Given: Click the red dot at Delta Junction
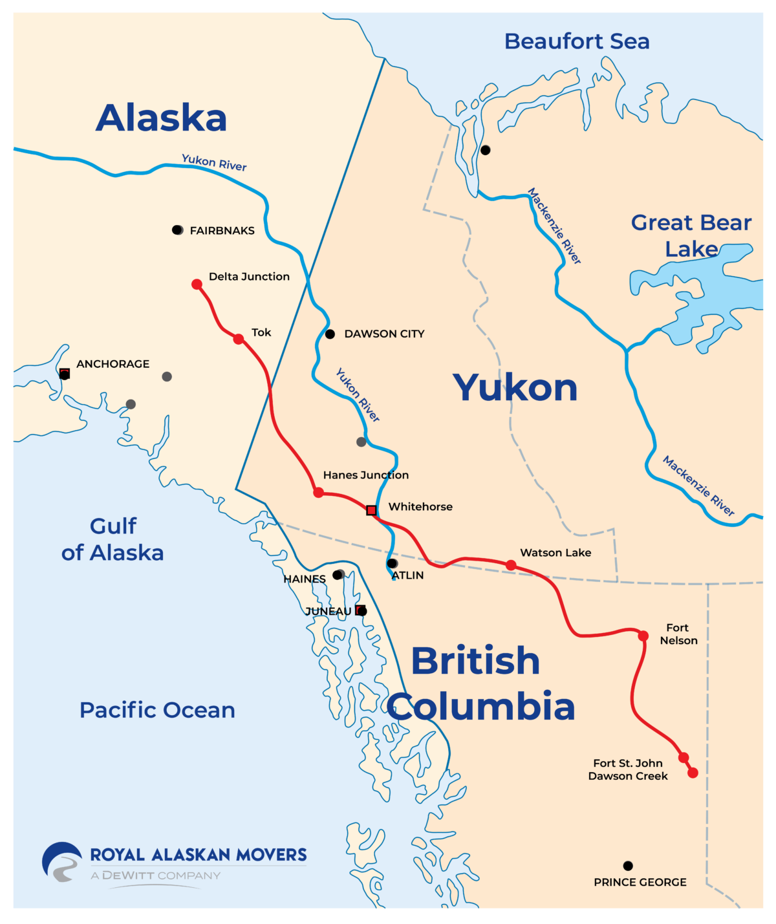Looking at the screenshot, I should click(197, 284).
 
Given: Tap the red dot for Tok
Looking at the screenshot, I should click(239, 339).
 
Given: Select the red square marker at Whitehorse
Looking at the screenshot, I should click(371, 510).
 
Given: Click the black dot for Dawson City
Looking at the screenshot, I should click(330, 334).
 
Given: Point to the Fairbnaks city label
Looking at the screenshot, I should click(222, 231).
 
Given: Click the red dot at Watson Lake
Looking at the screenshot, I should click(511, 565).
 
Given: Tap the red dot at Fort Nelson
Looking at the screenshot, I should click(643, 636).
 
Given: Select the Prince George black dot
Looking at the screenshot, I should click(628, 866).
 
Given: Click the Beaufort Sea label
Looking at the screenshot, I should click(577, 41).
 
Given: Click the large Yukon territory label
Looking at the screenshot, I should click(515, 388).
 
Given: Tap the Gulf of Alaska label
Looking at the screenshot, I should click(113, 539).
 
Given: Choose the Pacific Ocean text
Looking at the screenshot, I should click(157, 710).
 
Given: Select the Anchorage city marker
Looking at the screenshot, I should click(65, 374).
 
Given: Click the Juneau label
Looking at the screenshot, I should click(328, 611).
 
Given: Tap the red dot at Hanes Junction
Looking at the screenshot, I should click(318, 492).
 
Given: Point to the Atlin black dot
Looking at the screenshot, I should click(393, 563).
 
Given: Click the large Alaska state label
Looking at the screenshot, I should click(162, 118).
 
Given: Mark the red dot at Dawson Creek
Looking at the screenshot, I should click(693, 773).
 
